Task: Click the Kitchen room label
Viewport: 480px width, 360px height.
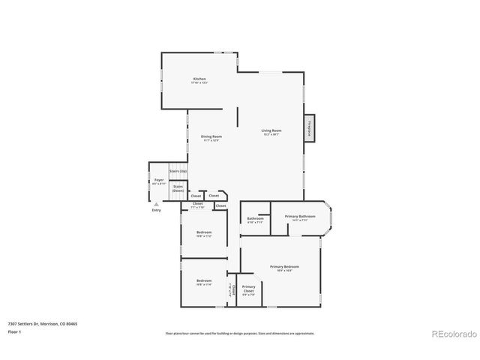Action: [x=199, y=80]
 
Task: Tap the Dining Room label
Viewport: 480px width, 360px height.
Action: [x=211, y=138]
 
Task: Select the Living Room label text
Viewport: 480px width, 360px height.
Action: [x=270, y=133]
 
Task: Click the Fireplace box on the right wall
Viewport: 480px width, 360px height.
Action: [x=309, y=128]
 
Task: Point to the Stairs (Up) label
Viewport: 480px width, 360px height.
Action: [x=178, y=172]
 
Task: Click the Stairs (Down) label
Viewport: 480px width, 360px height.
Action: [x=178, y=189]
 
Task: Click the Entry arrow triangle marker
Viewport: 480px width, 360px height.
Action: [x=156, y=204]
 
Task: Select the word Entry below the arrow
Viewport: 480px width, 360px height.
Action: [x=156, y=210]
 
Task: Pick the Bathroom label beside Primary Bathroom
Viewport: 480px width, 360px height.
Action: [x=255, y=220]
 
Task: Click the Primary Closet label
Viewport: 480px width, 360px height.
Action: [x=248, y=289]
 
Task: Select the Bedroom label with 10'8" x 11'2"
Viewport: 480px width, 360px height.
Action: [x=204, y=234]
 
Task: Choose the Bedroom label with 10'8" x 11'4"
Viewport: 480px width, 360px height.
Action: [x=204, y=283]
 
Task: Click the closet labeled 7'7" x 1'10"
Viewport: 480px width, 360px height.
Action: [x=198, y=205]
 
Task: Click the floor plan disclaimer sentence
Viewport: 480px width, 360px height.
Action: [x=239, y=333]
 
